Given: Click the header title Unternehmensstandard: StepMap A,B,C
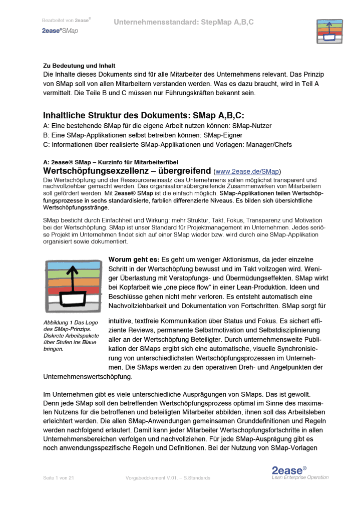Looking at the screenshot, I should [183, 22].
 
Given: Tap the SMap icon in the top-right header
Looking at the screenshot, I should [328, 31].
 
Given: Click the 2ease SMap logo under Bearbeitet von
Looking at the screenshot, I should [60, 31].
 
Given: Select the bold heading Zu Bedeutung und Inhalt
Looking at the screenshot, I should [79, 66].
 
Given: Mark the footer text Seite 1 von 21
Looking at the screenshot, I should [58, 478].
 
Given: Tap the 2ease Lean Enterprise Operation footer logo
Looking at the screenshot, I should [299, 473].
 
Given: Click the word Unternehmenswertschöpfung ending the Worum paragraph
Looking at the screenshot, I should [88, 376].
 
